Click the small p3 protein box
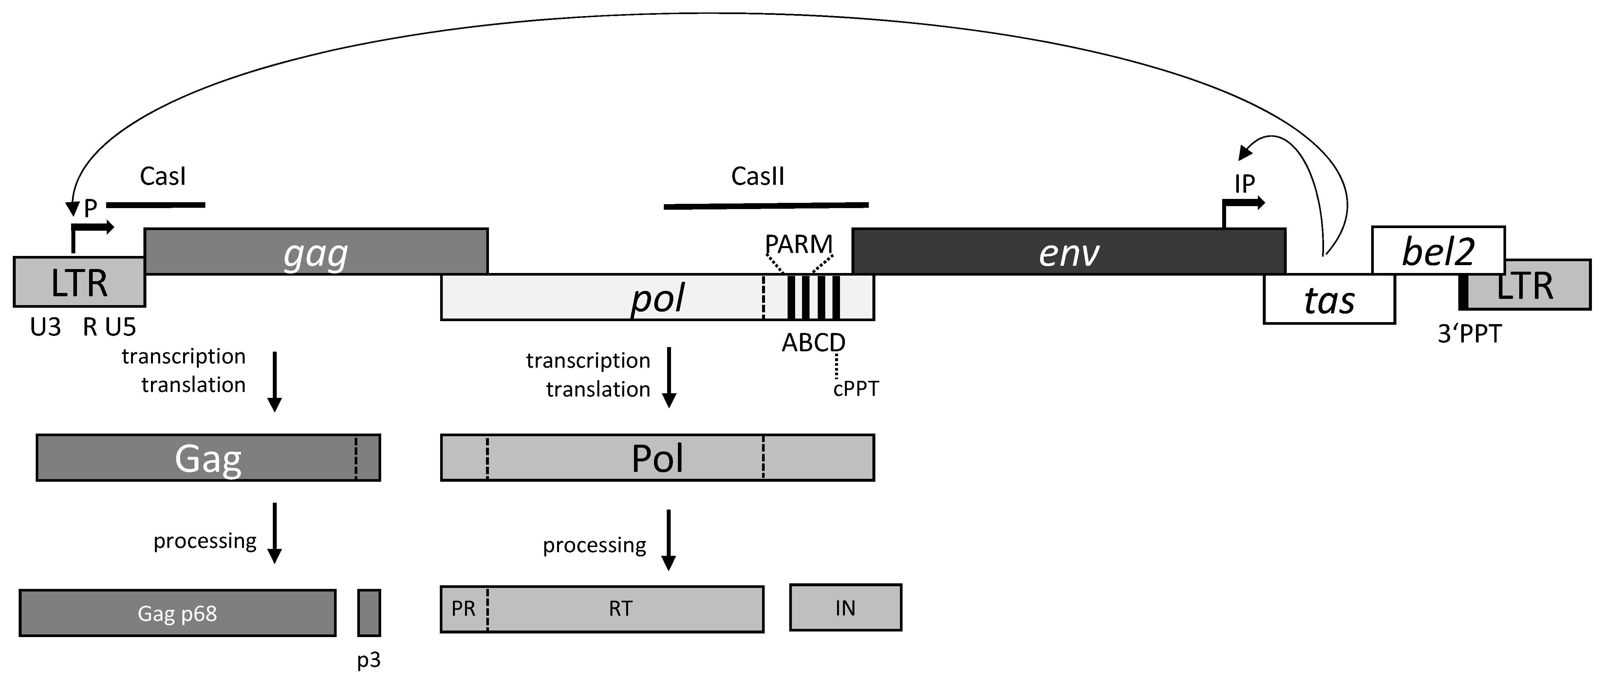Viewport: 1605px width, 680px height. click(x=369, y=613)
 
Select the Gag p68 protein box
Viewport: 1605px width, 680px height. click(x=177, y=613)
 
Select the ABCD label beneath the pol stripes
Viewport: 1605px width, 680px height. click(x=813, y=342)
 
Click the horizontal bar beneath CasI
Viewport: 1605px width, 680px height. click(x=156, y=204)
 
